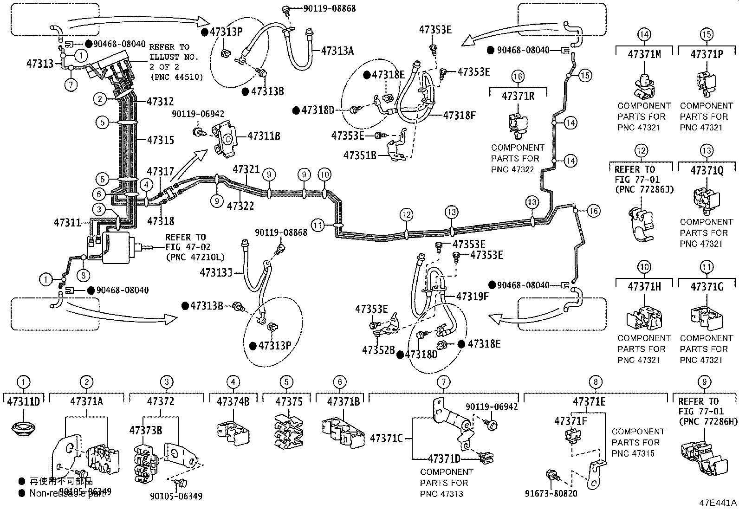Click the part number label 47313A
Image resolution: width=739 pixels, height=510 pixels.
337,51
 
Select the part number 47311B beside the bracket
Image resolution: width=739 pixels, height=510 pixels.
263,136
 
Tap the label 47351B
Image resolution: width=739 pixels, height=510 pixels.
360,155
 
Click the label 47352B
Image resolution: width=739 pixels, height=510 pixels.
378,349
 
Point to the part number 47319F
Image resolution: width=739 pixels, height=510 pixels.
472,296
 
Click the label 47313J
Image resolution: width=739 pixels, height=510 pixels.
216,272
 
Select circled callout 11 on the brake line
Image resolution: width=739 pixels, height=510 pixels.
318,226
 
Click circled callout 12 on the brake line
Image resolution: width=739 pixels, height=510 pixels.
407,215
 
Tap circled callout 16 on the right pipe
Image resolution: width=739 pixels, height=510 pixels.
593,211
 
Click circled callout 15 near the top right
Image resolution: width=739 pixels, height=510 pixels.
585,75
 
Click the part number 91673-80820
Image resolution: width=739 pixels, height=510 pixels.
551,493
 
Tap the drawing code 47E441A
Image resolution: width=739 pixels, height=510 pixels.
718,503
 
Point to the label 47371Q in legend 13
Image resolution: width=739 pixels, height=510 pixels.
707,171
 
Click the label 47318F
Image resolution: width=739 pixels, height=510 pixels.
460,116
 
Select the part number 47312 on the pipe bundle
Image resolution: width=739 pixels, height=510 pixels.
160,101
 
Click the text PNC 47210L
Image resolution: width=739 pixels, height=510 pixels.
195,257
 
